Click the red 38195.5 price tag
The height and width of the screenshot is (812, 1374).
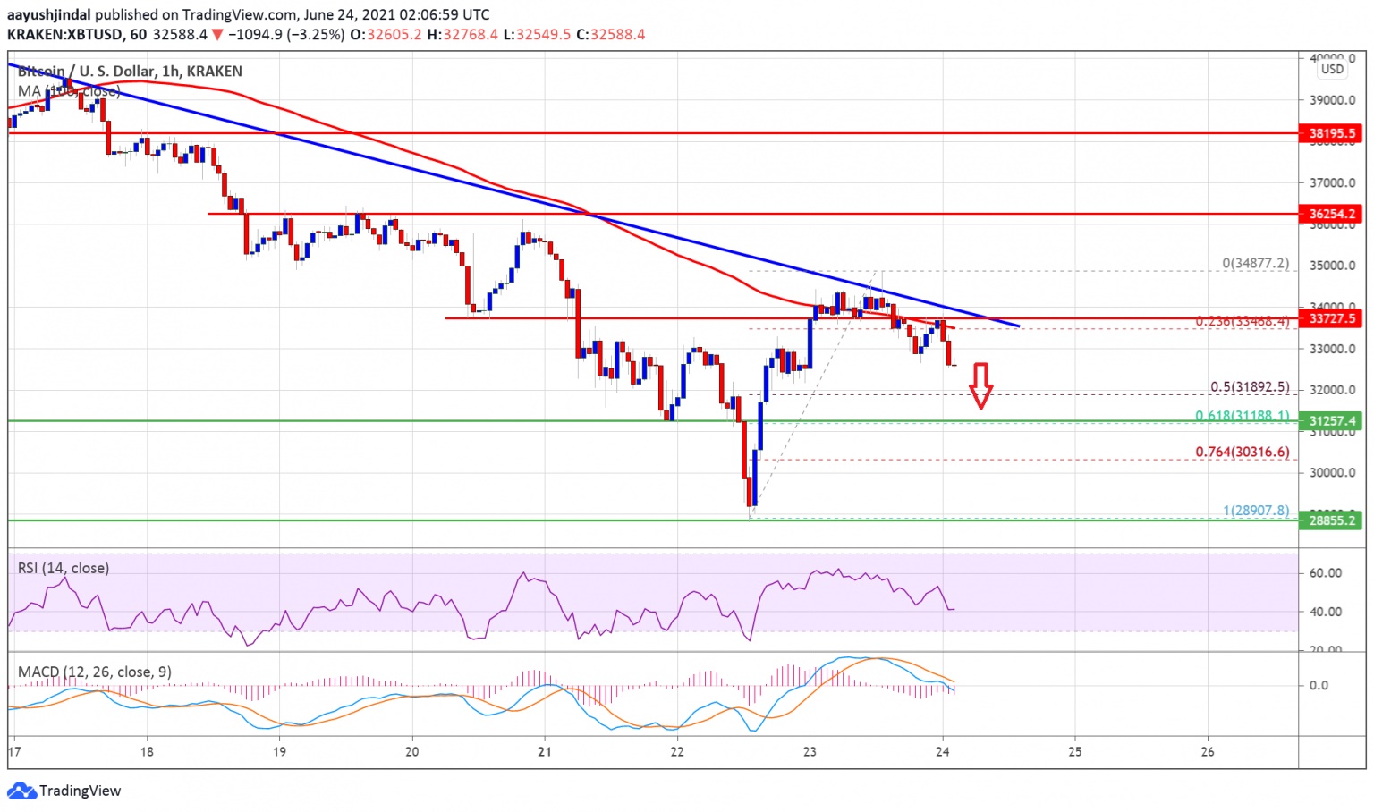pos(1332,133)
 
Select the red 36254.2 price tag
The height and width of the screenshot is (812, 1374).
pos(1332,214)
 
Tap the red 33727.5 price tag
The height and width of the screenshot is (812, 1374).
pos(1332,318)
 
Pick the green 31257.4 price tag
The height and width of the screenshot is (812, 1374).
pos(1332,421)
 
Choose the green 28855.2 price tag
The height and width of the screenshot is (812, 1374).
pos(1332,520)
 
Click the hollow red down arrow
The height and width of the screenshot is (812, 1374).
pos(981,385)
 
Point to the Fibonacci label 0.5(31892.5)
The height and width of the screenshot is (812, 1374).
pos(1250,387)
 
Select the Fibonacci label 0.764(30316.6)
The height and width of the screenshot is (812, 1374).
pos(1243,452)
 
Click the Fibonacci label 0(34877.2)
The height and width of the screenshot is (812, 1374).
pos(1256,263)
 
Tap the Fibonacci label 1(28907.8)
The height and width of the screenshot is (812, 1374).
pos(1256,511)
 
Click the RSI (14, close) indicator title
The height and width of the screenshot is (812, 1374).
pos(64,568)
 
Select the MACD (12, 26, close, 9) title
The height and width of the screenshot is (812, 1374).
pos(94,672)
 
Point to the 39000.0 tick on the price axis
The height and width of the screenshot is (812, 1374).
pos(1332,100)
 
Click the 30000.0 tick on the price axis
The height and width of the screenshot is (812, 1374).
pos(1332,472)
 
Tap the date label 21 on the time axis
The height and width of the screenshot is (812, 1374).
pos(545,751)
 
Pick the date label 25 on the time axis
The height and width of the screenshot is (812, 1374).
pos(1075,751)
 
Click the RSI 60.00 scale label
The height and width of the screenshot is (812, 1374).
pos(1325,572)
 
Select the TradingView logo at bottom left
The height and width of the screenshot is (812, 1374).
pos(64,791)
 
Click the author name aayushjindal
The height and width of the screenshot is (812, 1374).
pos(49,14)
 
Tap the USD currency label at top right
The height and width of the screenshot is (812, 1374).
pos(1332,69)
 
